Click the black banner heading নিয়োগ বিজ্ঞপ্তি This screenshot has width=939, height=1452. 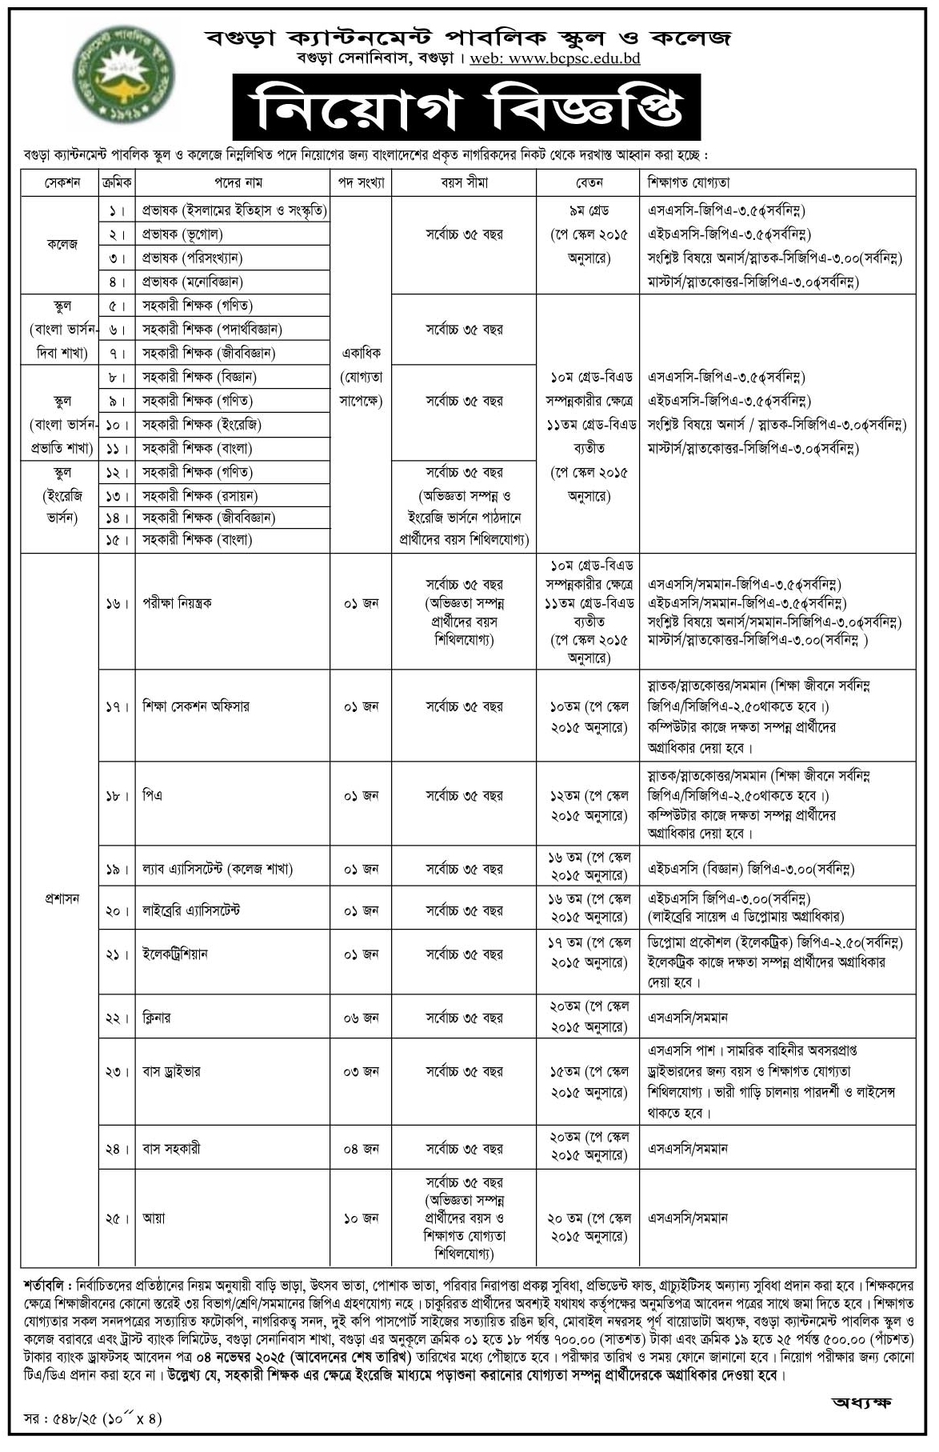click(466, 108)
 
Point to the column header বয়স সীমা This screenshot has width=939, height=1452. click(464, 182)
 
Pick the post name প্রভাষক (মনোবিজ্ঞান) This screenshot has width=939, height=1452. click(193, 282)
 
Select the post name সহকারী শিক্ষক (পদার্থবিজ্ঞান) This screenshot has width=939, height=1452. click(212, 329)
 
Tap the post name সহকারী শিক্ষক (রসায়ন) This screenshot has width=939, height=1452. click(200, 495)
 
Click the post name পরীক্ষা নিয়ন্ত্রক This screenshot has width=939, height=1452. click(178, 602)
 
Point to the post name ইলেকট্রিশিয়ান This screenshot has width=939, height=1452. click(175, 954)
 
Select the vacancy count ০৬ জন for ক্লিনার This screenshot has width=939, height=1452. click(362, 1018)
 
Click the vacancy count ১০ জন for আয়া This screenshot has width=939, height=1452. click(362, 1218)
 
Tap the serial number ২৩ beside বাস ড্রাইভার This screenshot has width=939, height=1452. click(115, 1072)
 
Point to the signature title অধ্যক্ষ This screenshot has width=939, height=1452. click(861, 1402)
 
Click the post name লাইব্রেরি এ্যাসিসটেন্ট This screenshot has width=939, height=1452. click(191, 910)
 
